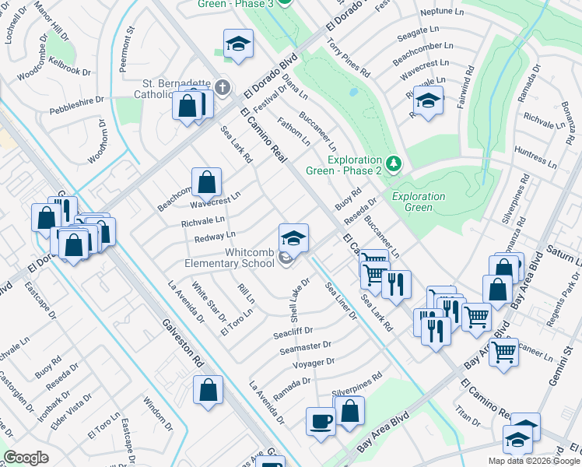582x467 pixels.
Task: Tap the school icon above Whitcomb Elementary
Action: pyautogui.click(x=293, y=237)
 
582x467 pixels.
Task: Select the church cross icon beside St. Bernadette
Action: pyautogui.click(x=223, y=86)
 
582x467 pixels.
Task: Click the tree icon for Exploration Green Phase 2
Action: pyautogui.click(x=394, y=163)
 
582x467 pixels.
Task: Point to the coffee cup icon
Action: pyautogui.click(x=321, y=421)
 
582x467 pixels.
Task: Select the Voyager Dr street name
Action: pyautogui.click(x=314, y=363)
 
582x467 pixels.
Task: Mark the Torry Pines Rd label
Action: pyautogui.click(x=348, y=56)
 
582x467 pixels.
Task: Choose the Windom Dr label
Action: pyautogui.click(x=156, y=414)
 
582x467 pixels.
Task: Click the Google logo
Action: pyautogui.click(x=26, y=458)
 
